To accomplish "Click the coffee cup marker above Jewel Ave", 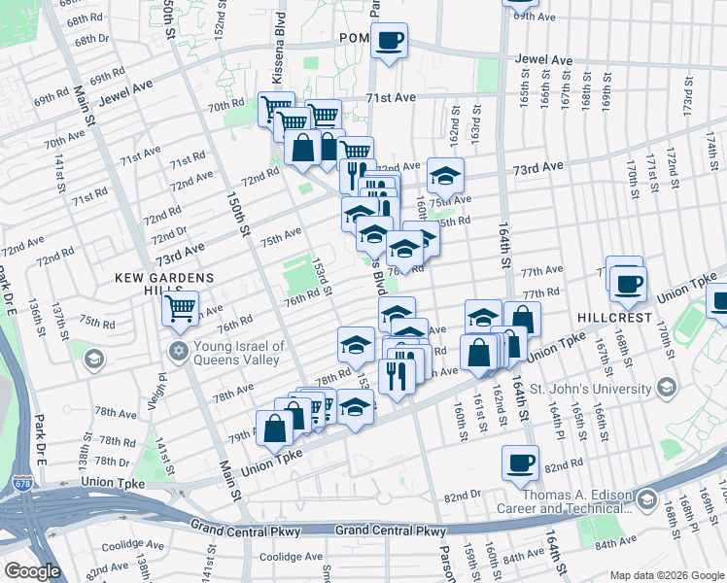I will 390,41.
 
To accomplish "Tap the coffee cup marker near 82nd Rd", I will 521,463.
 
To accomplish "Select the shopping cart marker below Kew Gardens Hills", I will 180,309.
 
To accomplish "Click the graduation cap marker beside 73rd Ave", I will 445,176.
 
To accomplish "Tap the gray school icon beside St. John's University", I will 668,389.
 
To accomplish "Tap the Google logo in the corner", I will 32,571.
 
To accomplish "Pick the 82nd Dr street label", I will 462,496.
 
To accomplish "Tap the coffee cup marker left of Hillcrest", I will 628,283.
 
